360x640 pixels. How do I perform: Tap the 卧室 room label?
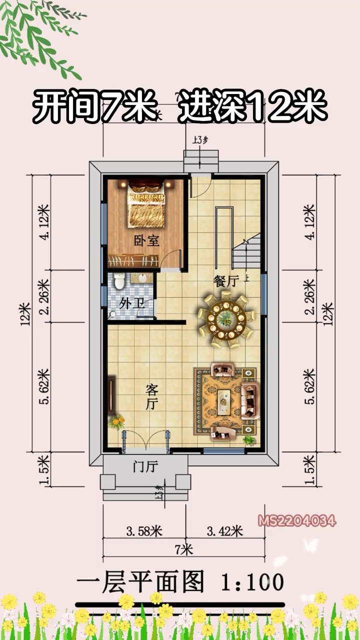coord(146,241)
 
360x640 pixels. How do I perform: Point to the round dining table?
coord(227,318)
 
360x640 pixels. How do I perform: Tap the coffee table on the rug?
coord(225,400)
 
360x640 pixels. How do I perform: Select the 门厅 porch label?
coord(145,467)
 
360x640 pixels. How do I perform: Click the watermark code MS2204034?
coord(297,521)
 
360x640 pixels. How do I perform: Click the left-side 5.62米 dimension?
coord(43,386)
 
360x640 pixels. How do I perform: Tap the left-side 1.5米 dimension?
coord(43,469)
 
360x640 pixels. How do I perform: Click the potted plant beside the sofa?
coord(248,439)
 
